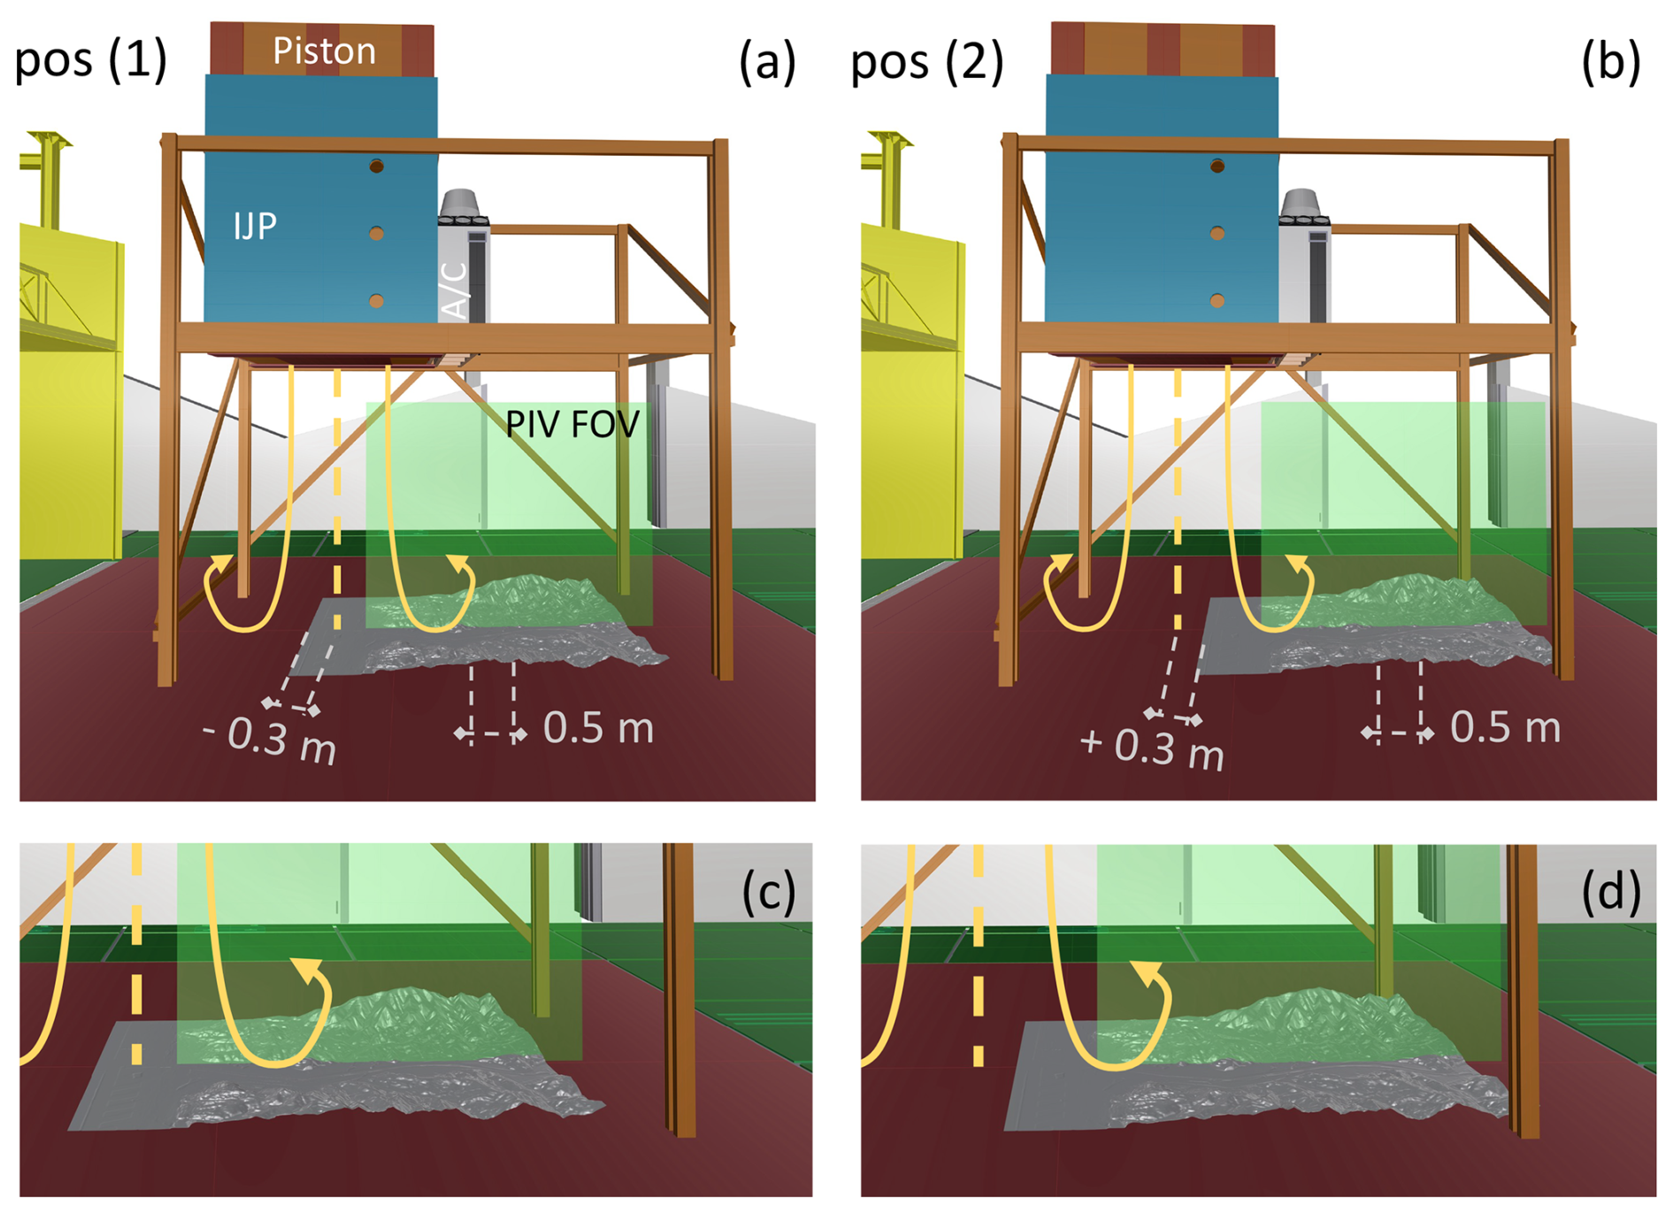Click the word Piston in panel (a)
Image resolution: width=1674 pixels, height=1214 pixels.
click(x=324, y=51)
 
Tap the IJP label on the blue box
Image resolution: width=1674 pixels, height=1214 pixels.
click(x=256, y=227)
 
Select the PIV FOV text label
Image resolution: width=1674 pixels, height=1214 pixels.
click(x=572, y=425)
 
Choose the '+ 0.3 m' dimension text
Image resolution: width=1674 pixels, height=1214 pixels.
click(x=1152, y=749)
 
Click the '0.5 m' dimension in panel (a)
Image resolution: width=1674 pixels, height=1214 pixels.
click(x=598, y=728)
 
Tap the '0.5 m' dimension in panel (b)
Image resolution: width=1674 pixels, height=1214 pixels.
click(x=1505, y=727)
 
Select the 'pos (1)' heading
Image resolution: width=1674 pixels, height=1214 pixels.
click(x=91, y=60)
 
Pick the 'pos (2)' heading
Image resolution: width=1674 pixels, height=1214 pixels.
click(x=926, y=62)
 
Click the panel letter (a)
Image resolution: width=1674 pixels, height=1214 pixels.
click(x=767, y=62)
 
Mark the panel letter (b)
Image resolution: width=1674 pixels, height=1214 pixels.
click(x=1610, y=62)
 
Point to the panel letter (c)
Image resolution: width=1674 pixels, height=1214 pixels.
click(x=769, y=892)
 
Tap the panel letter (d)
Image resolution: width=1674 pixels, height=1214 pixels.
click(x=1610, y=892)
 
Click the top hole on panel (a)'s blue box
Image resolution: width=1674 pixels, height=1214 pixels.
click(x=377, y=166)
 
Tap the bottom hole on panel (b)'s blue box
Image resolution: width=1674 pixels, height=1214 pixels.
click(x=1217, y=301)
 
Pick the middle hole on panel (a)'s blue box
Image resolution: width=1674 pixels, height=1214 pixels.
click(x=377, y=234)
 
